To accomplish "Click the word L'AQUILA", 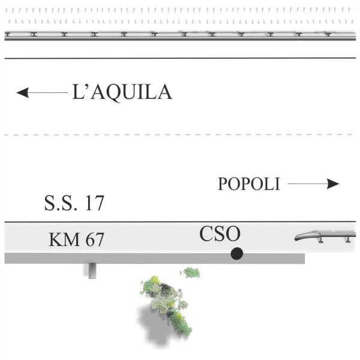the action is (122, 92).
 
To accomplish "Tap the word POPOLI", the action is (249, 184).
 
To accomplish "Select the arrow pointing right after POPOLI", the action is (313, 184).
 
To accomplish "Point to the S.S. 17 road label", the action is (74, 203).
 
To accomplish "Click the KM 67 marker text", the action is (76, 241).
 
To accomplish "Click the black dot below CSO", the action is (236, 254).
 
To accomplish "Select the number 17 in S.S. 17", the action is (92, 203).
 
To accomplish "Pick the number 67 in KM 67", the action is (94, 241).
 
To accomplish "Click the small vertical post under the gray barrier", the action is (92, 271).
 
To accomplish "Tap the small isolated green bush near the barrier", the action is (191, 273).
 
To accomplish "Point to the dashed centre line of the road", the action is (180, 134).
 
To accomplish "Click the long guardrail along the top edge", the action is (180, 35).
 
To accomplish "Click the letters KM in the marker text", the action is (60, 241).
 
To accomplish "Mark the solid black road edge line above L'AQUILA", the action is (180, 58).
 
